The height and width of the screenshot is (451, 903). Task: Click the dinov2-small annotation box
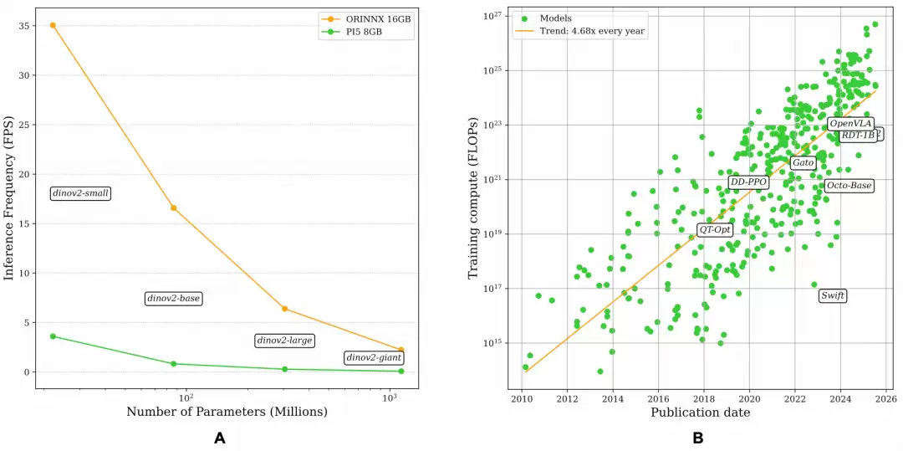81,193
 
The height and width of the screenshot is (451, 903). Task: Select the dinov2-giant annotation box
374,358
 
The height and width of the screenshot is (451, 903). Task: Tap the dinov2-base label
174,298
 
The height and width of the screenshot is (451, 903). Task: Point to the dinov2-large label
284,341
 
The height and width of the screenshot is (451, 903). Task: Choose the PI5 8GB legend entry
362,33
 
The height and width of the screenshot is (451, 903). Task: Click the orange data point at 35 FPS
53,25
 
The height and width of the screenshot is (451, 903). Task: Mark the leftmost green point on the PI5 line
53,336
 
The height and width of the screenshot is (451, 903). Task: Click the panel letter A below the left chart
220,438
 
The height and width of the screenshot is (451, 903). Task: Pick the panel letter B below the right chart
697,438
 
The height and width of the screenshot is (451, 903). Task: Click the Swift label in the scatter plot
832,295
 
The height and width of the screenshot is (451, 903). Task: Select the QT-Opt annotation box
714,229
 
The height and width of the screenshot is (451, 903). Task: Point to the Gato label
803,162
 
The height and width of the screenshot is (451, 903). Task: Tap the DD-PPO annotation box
747,182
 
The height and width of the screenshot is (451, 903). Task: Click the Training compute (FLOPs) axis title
473,198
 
